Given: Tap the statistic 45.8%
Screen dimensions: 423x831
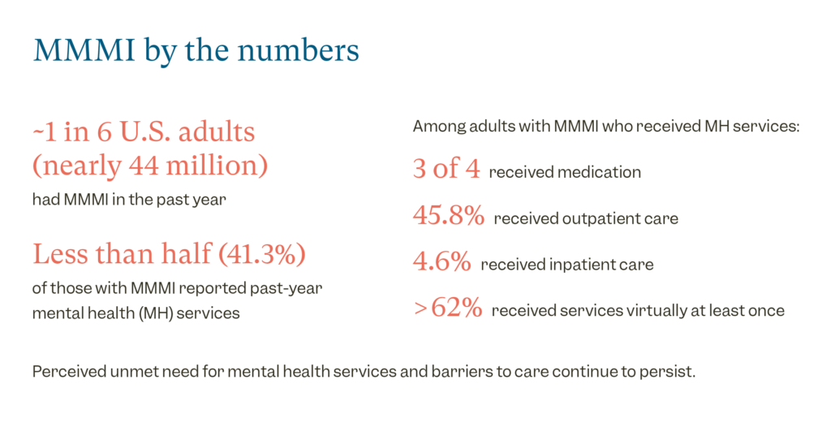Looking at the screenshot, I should pyautogui.click(x=448, y=217).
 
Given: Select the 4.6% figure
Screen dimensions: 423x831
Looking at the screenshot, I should pyautogui.click(x=441, y=262).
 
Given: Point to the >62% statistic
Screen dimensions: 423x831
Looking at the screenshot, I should pyautogui.click(x=447, y=309).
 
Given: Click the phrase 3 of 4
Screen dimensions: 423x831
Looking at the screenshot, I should pyautogui.click(x=446, y=170).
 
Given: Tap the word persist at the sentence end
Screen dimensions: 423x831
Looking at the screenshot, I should pyautogui.click(x=674, y=372).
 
